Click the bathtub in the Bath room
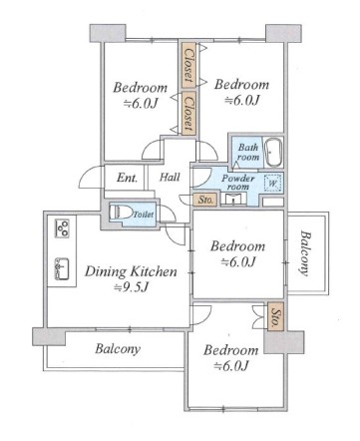click(273, 153)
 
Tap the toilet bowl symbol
click(121, 213)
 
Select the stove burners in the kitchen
click(62, 228)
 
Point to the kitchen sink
click(62, 268)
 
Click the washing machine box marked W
click(272, 183)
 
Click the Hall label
click(170, 177)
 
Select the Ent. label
click(127, 178)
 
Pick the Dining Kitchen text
click(131, 271)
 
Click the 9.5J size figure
click(131, 287)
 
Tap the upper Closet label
click(188, 66)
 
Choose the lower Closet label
click(188, 114)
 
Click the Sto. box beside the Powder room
click(205, 200)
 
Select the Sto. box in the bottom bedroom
click(275, 316)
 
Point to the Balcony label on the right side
click(305, 253)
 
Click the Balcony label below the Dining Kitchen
click(118, 349)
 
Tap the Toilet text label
click(144, 215)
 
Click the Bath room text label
click(248, 152)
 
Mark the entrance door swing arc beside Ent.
click(91, 176)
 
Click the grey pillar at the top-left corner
click(108, 33)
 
